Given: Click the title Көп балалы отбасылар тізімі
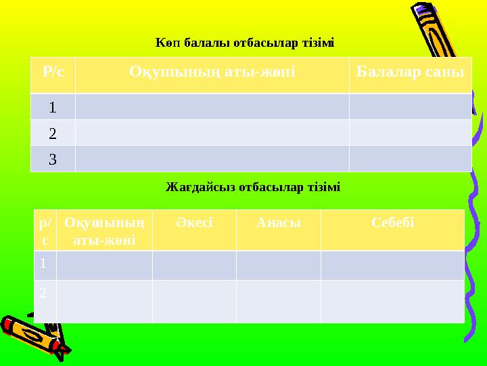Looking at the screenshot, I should click(x=244, y=43).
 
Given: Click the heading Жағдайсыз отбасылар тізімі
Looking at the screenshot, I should click(x=253, y=186).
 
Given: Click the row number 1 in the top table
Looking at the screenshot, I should click(x=53, y=106).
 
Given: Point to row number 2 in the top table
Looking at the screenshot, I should click(x=53, y=133).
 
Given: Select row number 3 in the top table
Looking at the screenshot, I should click(x=53, y=159).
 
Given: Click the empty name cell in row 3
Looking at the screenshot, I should click(x=212, y=159).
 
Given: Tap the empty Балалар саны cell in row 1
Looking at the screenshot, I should click(x=410, y=106).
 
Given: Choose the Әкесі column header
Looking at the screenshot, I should click(x=194, y=222).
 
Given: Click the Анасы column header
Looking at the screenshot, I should click(x=278, y=222).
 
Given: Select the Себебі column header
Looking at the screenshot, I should click(x=392, y=222).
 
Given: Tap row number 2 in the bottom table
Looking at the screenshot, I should click(x=43, y=293).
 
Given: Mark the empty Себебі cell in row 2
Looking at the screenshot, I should click(x=392, y=301).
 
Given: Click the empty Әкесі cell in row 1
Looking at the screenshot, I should click(x=194, y=265).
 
